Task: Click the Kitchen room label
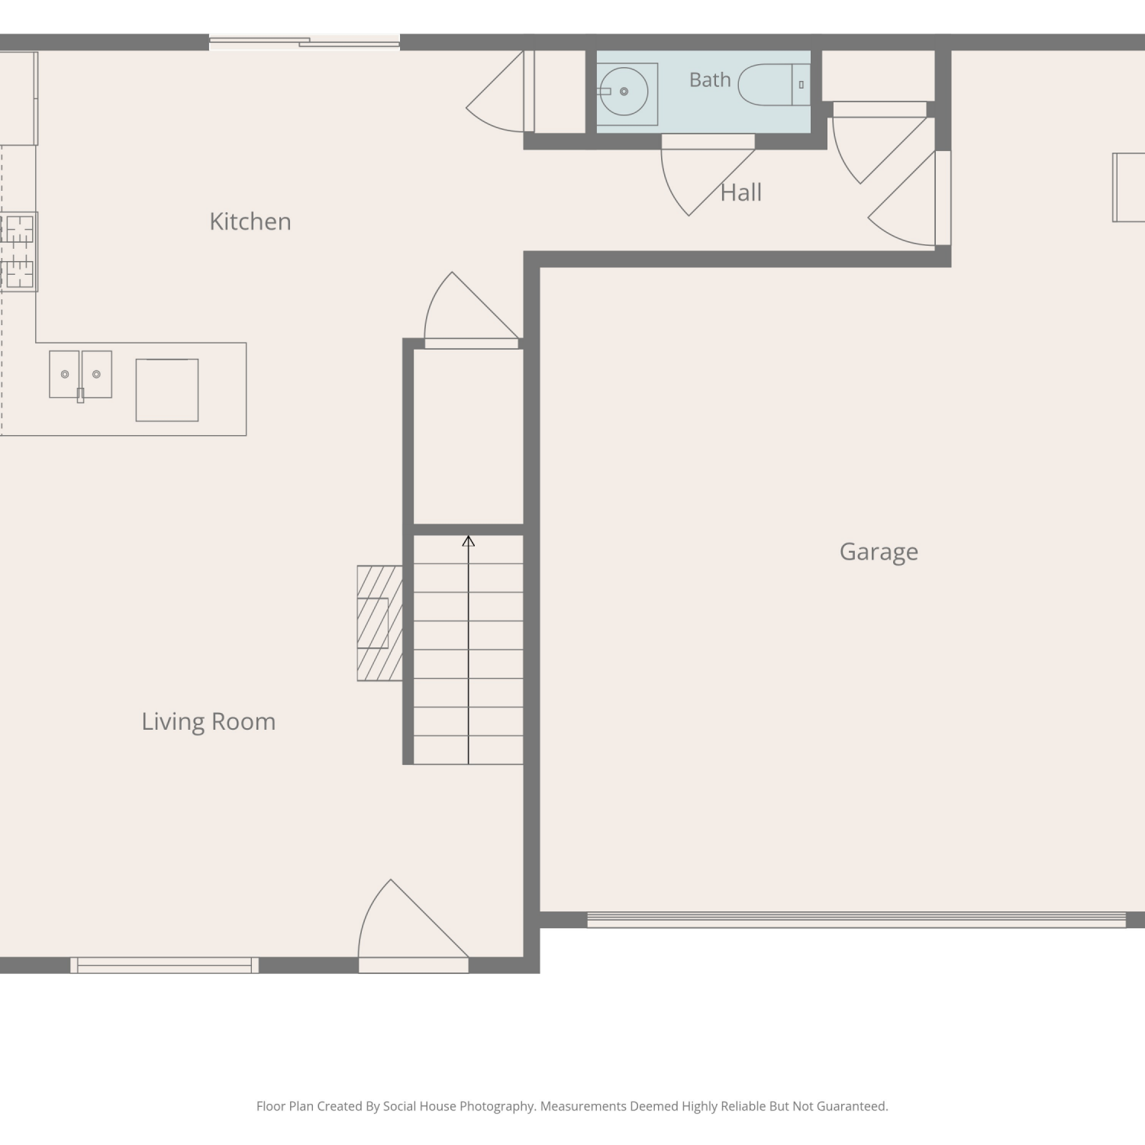250,221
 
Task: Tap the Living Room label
208,721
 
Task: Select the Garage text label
879,552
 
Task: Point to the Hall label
741,192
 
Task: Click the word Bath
710,79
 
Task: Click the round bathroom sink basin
624,92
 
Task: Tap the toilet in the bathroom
774,85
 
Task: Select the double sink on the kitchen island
80,374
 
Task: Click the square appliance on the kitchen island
167,390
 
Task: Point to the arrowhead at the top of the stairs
469,540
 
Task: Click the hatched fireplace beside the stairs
379,623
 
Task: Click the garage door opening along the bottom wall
856,920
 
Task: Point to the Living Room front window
164,966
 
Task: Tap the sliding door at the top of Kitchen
305,43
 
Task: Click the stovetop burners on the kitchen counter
18,252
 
